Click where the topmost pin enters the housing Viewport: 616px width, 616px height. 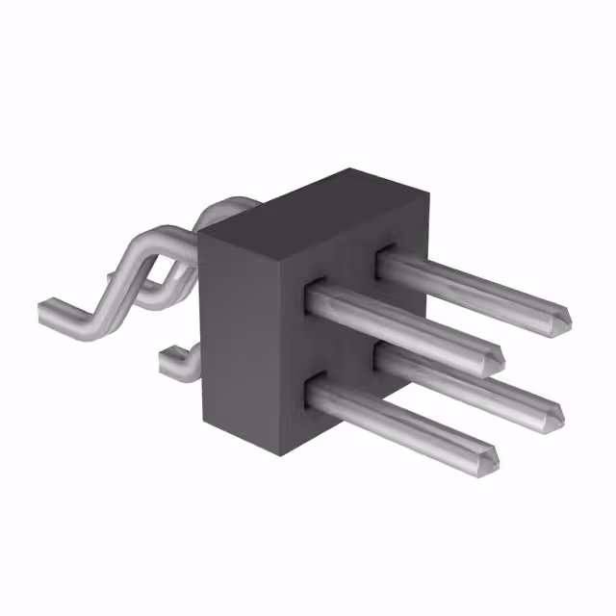pos(385,258)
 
